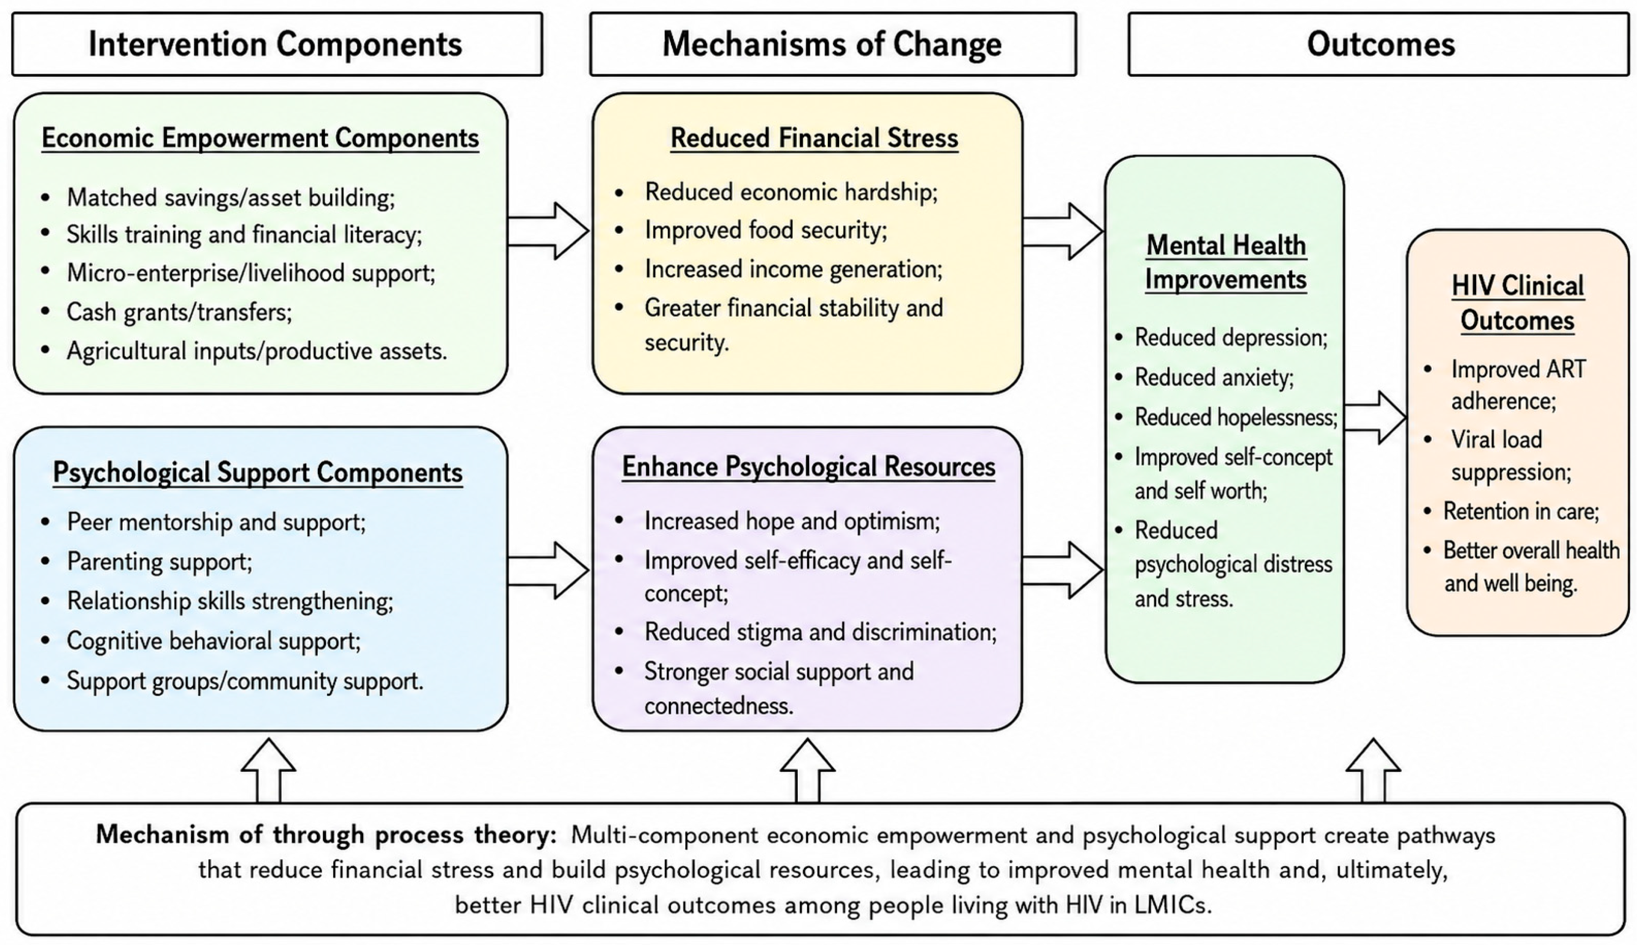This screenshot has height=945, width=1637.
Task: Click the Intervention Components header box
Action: coord(277,44)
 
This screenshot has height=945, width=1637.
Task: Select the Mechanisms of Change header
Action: coord(833,44)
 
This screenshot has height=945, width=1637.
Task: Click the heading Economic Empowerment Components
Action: coord(260,138)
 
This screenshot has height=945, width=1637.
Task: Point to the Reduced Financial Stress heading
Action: coord(814,138)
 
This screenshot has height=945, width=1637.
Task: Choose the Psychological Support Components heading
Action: coord(258,472)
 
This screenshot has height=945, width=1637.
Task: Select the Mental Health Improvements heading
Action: coord(1226,262)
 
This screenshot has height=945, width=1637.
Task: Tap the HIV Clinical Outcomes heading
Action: coord(1517,303)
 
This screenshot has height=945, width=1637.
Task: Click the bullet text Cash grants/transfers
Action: coord(180,312)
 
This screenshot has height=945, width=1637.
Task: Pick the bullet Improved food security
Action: coord(766,230)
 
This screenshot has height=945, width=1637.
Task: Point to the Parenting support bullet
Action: coord(160,561)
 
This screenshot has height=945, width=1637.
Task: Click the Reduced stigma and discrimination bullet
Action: coord(820,632)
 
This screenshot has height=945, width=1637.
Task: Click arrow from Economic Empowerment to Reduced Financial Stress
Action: coord(549,231)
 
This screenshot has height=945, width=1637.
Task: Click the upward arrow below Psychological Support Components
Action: coord(269,771)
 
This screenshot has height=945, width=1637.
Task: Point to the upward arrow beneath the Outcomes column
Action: coord(1373,771)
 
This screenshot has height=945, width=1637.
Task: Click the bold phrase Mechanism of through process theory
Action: coord(327,835)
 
